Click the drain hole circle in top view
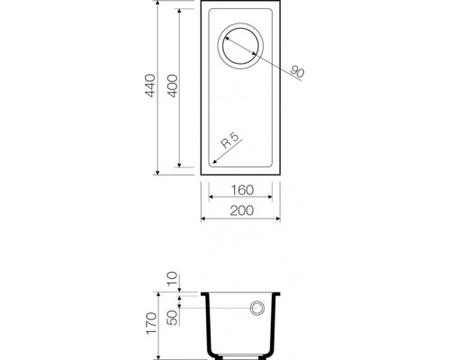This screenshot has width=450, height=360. (x=241, y=46)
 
